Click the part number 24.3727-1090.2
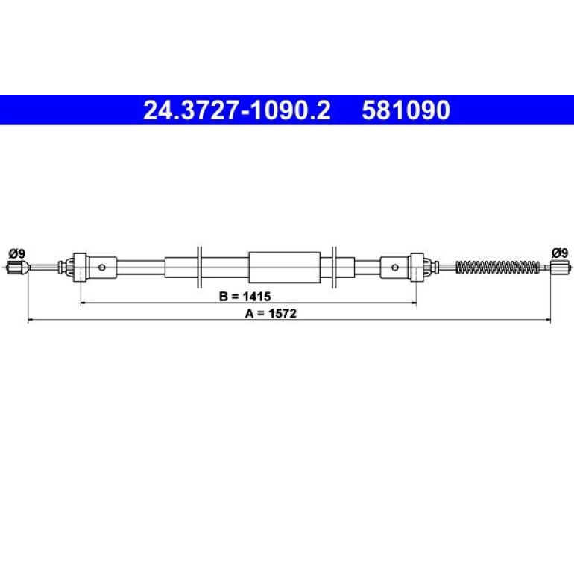[x=237, y=110]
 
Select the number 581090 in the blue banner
[x=406, y=110]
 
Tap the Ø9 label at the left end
[x=17, y=253]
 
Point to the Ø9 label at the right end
[x=560, y=253]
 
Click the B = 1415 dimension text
[x=245, y=296]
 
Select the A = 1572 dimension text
[x=271, y=314]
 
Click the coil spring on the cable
[x=498, y=267]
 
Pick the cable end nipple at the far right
[x=560, y=267]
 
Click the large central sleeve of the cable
[x=285, y=268]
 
